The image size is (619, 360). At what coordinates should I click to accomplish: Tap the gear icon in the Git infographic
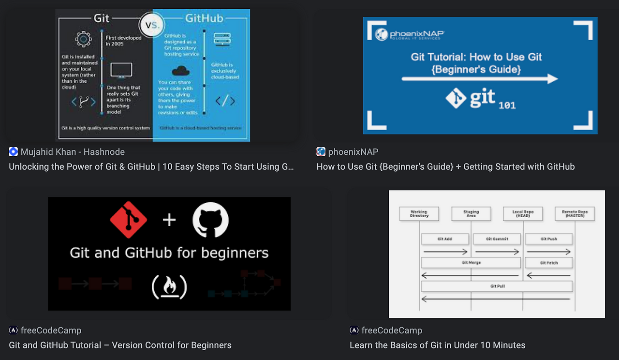coord(83,39)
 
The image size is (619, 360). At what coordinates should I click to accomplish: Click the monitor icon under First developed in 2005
coord(121,70)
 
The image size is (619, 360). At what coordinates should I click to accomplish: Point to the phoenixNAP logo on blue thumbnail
coord(410,34)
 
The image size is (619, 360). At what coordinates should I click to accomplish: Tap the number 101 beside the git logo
coord(507,105)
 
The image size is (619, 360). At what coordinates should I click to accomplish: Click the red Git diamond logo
coord(129,221)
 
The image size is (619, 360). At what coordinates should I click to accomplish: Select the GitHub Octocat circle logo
coord(210,221)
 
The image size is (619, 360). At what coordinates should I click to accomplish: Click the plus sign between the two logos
coord(169,221)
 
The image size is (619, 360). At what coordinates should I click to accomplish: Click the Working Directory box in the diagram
coord(419,213)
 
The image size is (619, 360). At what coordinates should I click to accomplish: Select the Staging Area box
coord(471,213)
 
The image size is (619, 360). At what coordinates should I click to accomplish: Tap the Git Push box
coord(549,239)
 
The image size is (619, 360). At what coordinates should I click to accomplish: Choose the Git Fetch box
coord(549,263)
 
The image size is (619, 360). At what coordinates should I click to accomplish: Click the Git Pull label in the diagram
coord(497,286)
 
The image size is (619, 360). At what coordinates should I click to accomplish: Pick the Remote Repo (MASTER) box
coord(575,213)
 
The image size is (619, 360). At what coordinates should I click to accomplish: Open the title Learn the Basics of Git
coord(437,345)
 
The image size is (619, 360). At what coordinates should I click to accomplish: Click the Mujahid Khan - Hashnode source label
coord(73,152)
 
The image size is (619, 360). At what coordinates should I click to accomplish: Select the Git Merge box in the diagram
coord(471,263)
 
